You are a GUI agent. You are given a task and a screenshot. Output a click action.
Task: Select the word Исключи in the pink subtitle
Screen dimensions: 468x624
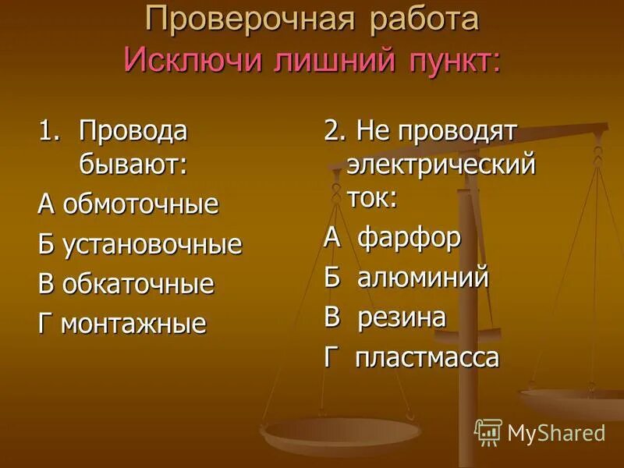tap(193, 60)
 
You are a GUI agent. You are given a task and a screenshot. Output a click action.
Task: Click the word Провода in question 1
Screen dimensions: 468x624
tap(133, 130)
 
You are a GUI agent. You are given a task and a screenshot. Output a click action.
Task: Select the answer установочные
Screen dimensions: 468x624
tap(151, 244)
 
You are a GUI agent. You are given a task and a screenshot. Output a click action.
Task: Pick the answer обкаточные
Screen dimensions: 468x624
tap(137, 284)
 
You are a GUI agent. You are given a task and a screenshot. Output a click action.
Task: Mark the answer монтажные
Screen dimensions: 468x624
tap(133, 323)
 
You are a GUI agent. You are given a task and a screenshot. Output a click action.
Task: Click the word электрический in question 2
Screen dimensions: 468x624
tap(441, 165)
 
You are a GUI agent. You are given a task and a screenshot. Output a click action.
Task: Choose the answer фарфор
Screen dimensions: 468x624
tap(409, 237)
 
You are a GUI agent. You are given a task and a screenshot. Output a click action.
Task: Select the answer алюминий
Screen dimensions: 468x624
tap(423, 278)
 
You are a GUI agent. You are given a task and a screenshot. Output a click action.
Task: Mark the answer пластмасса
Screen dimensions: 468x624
tap(427, 358)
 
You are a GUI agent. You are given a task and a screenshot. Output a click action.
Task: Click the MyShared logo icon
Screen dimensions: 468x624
tap(487, 431)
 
